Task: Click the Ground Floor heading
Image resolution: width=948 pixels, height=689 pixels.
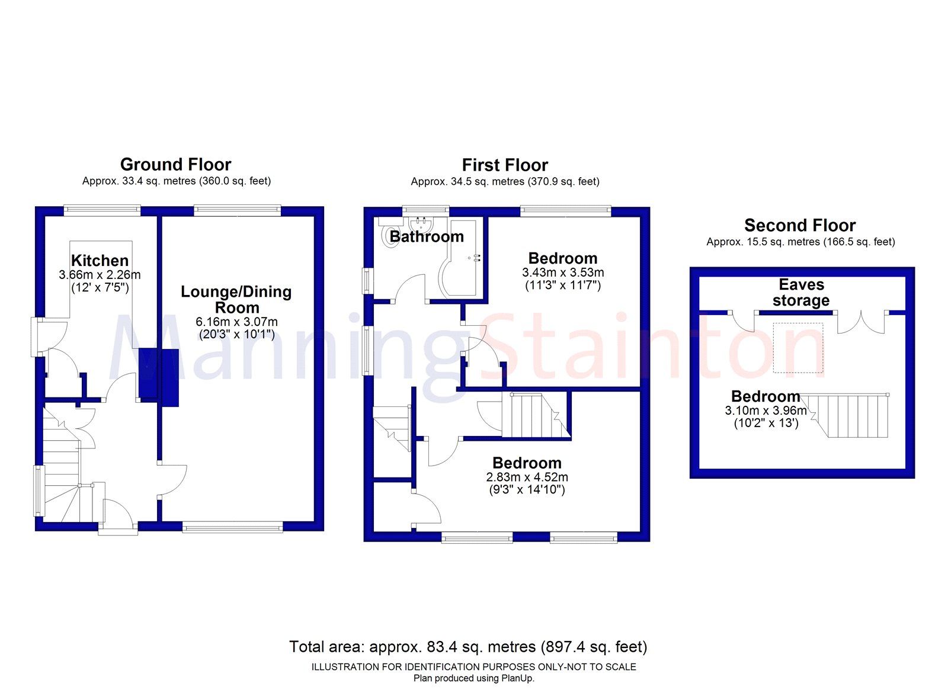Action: click(x=175, y=165)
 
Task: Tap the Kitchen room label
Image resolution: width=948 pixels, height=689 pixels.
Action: click(x=100, y=261)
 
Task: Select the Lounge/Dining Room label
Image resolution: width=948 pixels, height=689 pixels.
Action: click(x=236, y=300)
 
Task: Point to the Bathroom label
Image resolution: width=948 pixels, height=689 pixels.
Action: click(x=427, y=237)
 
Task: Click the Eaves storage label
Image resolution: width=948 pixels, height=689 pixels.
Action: click(x=801, y=293)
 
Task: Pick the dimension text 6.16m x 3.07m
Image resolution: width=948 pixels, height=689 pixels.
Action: click(x=236, y=322)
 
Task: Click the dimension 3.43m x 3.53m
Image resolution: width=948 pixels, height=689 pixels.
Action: click(x=563, y=273)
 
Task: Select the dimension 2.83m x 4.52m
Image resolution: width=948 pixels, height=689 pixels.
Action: click(x=527, y=478)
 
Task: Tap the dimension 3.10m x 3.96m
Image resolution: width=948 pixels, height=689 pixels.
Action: click(x=766, y=411)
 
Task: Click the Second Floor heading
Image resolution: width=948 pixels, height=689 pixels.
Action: click(x=800, y=226)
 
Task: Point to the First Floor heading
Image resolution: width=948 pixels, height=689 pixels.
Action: click(x=505, y=165)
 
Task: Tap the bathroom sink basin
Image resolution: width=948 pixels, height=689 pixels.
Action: click(x=422, y=224)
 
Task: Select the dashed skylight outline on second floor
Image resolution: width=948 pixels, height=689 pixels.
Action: click(x=798, y=348)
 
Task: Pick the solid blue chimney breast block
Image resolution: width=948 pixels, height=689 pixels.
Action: click(x=159, y=376)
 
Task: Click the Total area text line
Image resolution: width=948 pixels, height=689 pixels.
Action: click(x=468, y=647)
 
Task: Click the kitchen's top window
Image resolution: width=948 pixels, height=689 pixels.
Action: click(x=103, y=208)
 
